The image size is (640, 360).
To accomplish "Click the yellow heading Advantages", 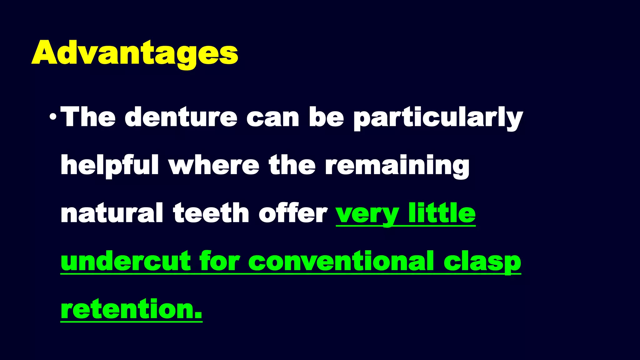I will [x=135, y=53].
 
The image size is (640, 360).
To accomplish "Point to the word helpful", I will [x=109, y=166].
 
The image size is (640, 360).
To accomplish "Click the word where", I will [x=214, y=166].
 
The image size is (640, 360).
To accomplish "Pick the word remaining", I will [x=397, y=166].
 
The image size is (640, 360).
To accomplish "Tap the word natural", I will [x=112, y=213].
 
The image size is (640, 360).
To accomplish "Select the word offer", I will [x=293, y=213].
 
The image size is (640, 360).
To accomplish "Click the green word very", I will [x=367, y=214].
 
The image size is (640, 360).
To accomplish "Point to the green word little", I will [x=442, y=213].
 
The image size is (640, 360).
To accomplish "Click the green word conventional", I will [x=341, y=261].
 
